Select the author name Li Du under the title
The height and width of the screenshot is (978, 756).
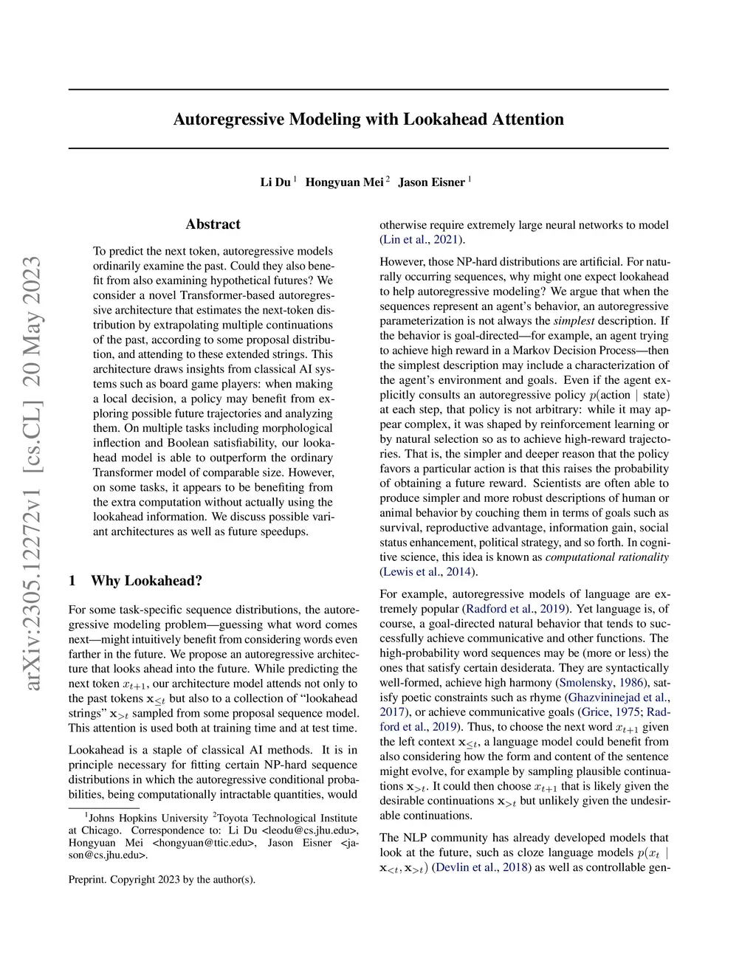pos(275,182)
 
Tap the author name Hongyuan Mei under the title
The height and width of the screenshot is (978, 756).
pos(344,182)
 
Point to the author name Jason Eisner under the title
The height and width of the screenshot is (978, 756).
pos(431,182)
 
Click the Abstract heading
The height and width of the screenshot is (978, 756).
pos(213,224)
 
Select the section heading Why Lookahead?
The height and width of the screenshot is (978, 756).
pos(146,581)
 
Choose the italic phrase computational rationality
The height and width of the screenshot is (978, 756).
pos(607,557)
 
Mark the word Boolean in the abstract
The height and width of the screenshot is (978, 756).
pos(188,443)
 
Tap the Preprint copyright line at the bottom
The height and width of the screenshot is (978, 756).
pos(162,879)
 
